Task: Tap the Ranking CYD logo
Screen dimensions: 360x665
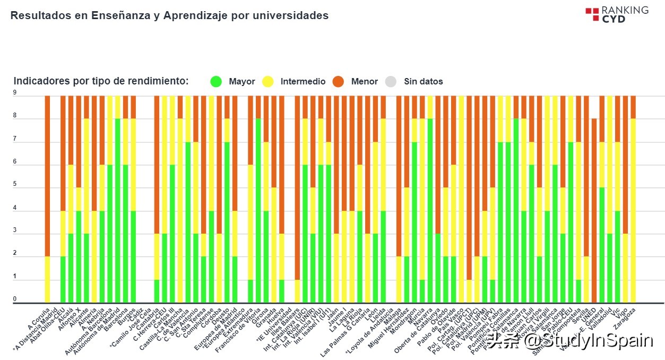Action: pos(617,14)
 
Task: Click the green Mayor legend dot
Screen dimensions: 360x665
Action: pos(216,81)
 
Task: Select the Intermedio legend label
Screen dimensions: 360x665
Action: pos(303,81)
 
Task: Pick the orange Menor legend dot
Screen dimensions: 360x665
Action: pos(338,81)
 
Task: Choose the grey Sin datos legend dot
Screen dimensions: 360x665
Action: pos(391,81)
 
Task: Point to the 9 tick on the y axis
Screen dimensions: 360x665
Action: pos(15,92)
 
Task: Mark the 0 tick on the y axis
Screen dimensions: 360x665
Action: pos(15,299)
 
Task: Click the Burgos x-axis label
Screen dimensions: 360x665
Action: pos(127,315)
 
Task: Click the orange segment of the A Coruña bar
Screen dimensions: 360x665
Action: pos(47,175)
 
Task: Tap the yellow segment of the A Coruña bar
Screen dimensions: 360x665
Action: pos(47,280)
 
